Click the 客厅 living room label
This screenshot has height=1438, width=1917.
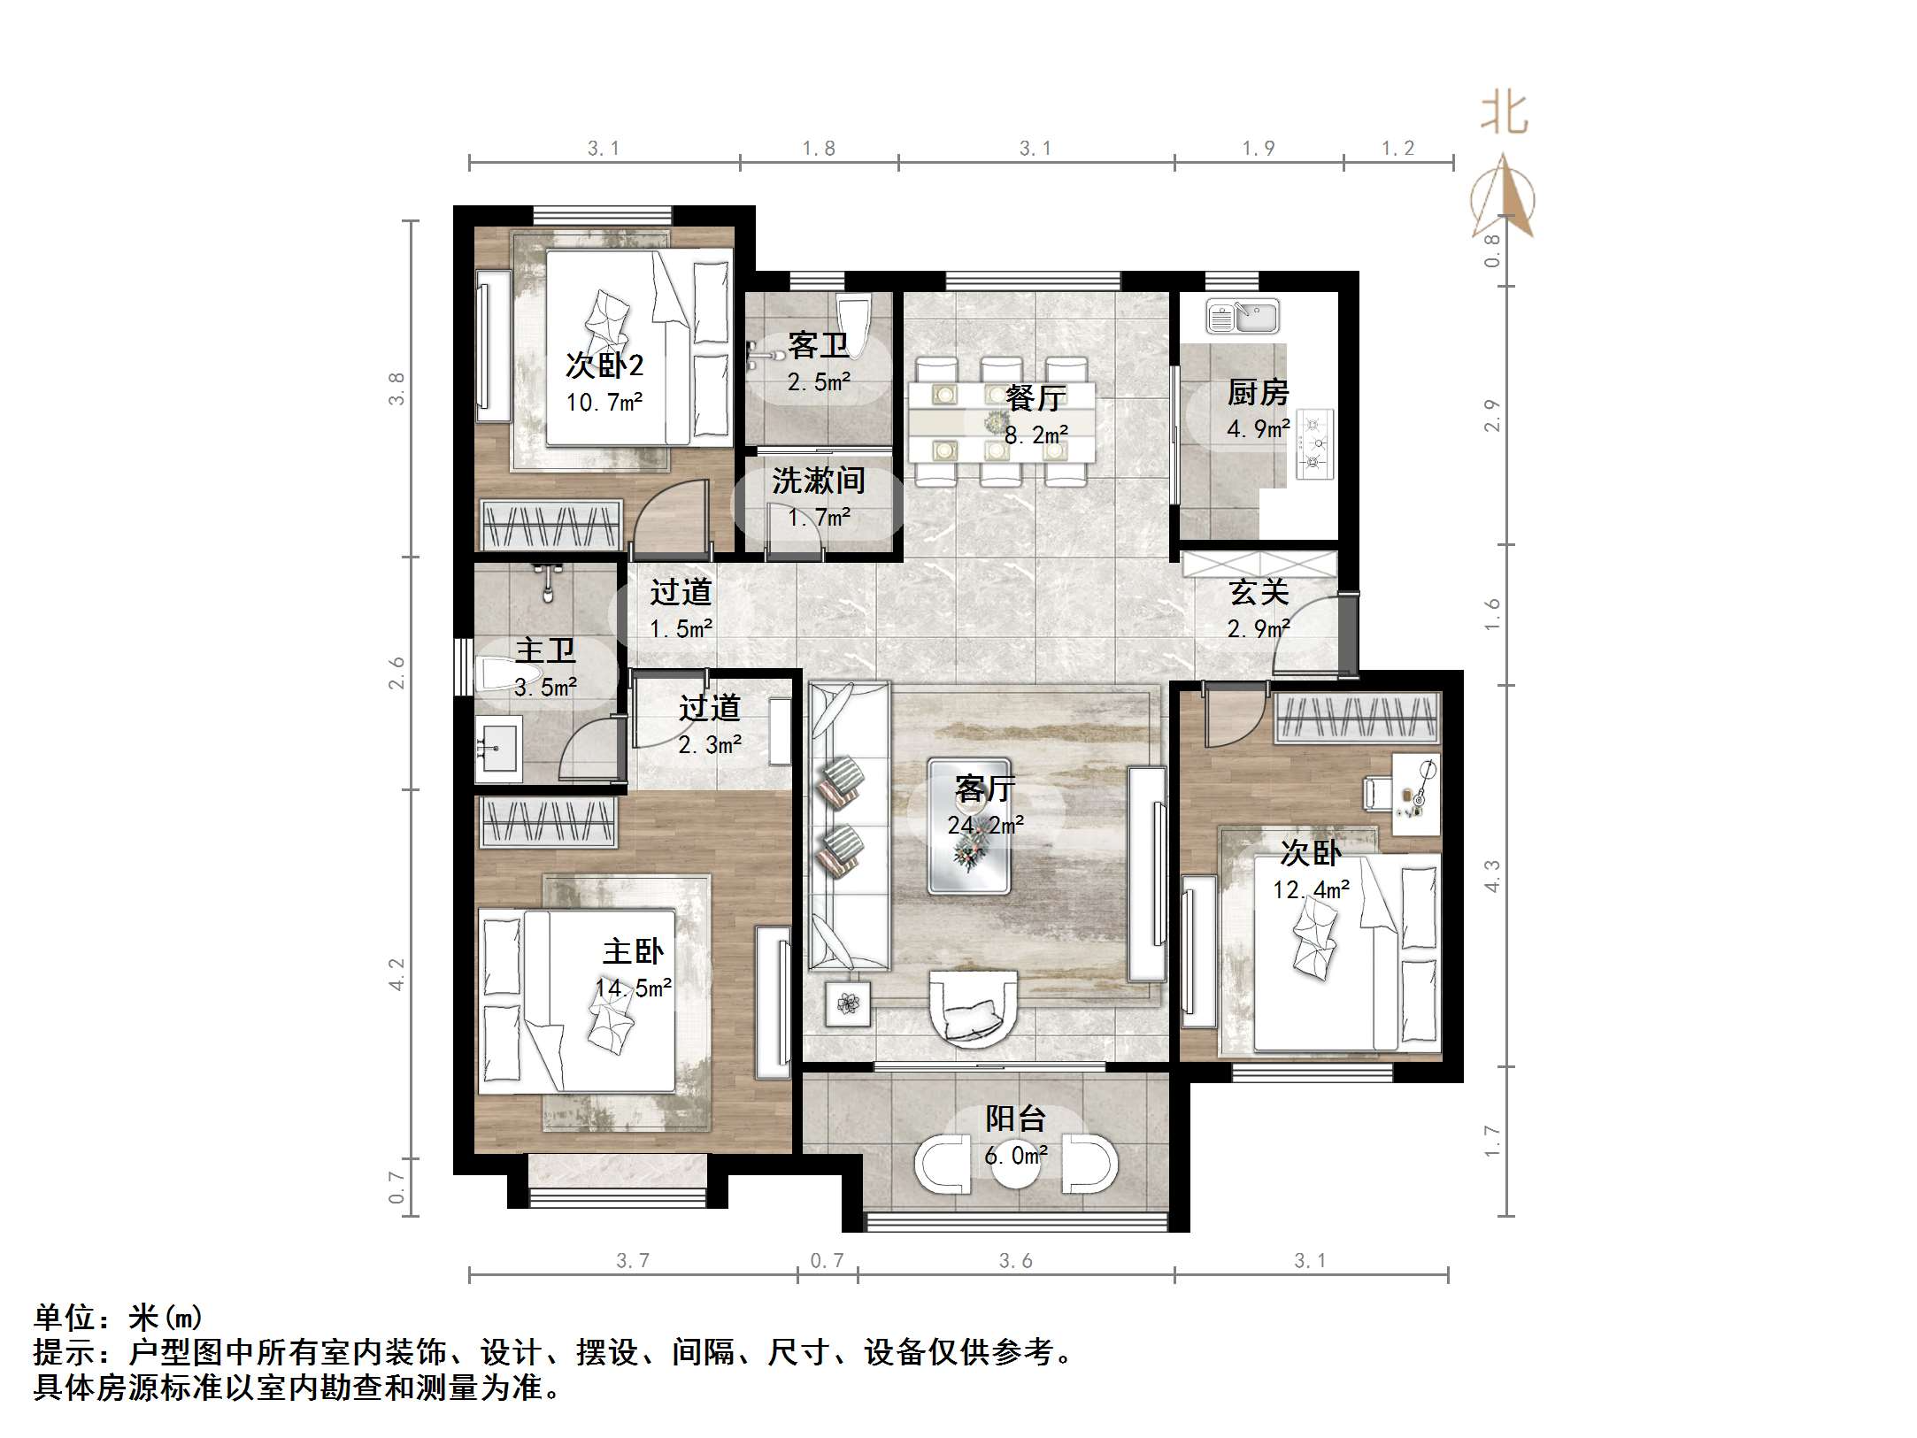coord(985,788)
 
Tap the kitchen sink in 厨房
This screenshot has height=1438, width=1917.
coord(1243,317)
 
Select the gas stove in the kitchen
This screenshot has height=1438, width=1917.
coord(1315,443)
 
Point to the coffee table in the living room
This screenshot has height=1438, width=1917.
coord(969,826)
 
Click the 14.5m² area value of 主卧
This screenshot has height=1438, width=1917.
coord(633,988)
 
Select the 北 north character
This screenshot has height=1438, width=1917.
coord(1504,114)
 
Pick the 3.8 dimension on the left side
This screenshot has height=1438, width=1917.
coord(396,388)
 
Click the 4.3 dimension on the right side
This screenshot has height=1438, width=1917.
coord(1492,875)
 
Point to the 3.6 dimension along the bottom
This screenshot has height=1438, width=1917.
coord(1015,1260)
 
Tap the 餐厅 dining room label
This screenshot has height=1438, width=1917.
coord(1035,397)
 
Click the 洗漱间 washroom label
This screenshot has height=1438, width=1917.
coord(818,481)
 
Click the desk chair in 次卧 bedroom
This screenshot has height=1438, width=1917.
coord(1375,791)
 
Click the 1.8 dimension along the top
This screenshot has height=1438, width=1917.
coord(819,149)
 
